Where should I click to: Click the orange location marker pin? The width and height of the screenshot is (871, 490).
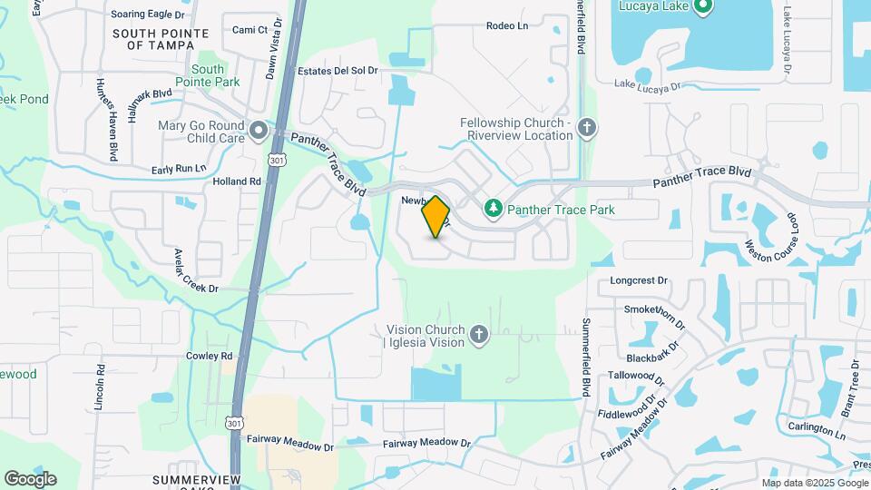435,216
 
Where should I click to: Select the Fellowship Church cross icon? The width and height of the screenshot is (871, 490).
586,127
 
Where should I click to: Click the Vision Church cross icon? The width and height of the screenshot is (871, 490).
479,337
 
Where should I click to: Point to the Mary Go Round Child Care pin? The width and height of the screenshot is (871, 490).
259,132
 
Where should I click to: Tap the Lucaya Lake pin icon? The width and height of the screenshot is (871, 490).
702,7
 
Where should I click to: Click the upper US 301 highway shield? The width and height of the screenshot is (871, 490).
275,160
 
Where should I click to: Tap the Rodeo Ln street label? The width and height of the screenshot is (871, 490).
506,25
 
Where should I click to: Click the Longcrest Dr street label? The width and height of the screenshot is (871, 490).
639,281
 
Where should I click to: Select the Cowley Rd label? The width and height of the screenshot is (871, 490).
210,356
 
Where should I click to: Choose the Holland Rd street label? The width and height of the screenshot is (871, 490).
237,181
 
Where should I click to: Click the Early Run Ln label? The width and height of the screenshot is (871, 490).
179,169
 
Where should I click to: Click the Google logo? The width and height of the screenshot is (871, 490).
30,478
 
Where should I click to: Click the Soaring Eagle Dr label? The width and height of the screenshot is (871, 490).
147,15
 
